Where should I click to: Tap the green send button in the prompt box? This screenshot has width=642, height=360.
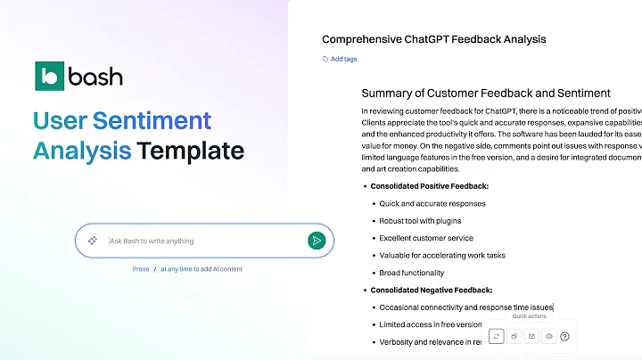point(316,241)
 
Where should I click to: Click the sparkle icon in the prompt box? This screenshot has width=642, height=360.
point(92,241)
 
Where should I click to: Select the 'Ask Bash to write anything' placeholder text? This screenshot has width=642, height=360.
point(152,241)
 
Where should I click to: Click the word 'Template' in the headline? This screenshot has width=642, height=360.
point(191,151)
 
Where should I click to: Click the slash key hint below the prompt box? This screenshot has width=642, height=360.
point(155,268)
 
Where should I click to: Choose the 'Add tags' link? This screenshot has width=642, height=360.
point(343,59)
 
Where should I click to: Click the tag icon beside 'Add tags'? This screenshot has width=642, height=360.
point(325,59)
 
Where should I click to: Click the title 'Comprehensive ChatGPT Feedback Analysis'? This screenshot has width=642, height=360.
point(433,39)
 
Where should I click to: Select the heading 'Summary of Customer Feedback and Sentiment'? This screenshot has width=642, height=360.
point(485,93)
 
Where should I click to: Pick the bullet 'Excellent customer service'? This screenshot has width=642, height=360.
point(426,238)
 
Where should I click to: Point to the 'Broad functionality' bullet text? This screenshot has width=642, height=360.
point(411,273)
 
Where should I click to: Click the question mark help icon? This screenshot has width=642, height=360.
point(564,336)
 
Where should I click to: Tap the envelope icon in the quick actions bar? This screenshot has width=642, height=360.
point(531,336)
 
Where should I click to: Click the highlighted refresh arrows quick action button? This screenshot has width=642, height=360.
point(497,336)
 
